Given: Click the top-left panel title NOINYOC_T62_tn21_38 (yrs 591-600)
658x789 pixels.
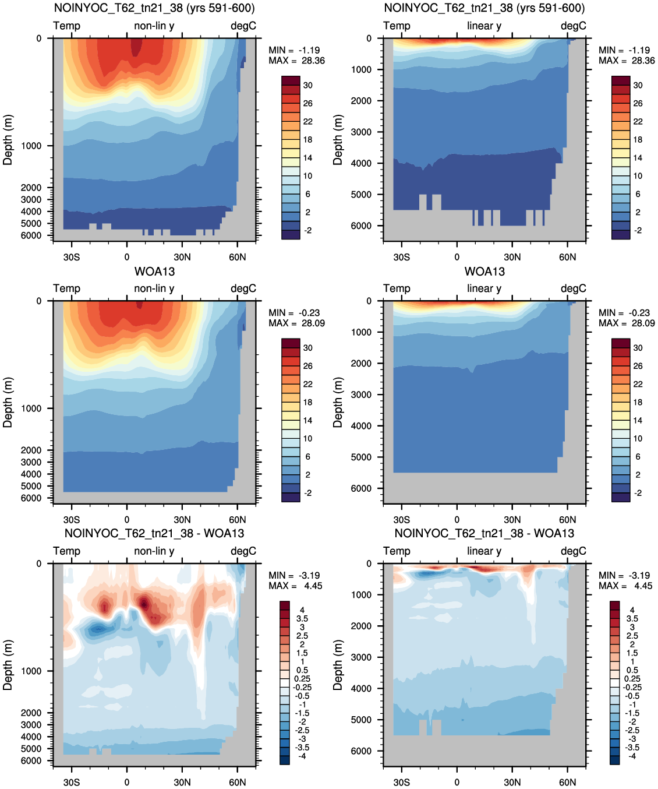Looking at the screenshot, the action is [x=154, y=8].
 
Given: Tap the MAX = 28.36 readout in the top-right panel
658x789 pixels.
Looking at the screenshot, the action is [x=627, y=61].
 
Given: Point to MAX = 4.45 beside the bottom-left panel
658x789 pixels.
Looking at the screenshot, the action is [x=295, y=586].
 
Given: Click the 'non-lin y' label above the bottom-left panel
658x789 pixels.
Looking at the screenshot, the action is [x=154, y=551].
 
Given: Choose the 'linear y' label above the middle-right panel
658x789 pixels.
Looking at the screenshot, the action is [x=484, y=288].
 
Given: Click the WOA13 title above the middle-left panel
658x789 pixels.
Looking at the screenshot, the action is [x=154, y=272].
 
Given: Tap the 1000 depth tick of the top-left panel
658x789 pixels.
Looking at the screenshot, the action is [x=31, y=146].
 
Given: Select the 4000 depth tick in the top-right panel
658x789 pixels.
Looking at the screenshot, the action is [x=362, y=163].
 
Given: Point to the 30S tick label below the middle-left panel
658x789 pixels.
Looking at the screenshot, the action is [x=72, y=520].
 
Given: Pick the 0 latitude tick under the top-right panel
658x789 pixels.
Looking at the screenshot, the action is [x=457, y=258].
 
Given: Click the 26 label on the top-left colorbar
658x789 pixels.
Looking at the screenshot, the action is [x=308, y=104].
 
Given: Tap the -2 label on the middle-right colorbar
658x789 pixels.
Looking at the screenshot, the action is [x=638, y=493].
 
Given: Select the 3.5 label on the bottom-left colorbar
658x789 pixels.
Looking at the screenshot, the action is [x=302, y=619].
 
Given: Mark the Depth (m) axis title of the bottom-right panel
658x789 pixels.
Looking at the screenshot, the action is [x=338, y=665].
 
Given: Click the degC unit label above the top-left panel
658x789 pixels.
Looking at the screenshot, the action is [x=243, y=26].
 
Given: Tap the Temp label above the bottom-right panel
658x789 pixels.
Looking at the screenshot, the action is [x=397, y=551].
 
